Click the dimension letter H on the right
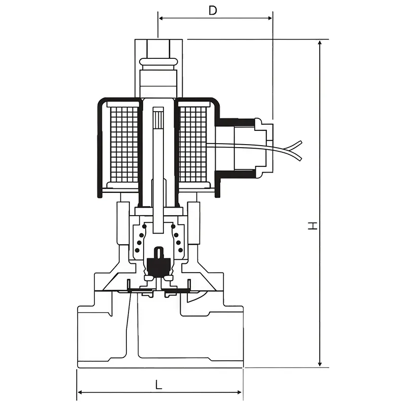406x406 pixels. click(x=314, y=225)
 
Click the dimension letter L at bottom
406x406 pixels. click(x=159, y=385)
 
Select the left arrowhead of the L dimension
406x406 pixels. click(x=80, y=392)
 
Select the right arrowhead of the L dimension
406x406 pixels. click(x=240, y=392)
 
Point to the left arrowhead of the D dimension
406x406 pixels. click(x=161, y=18)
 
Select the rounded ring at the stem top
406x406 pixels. click(x=158, y=63)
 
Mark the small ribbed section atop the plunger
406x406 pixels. click(x=158, y=120)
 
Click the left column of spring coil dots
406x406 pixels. click(x=138, y=242)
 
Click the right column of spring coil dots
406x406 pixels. click(x=178, y=242)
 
